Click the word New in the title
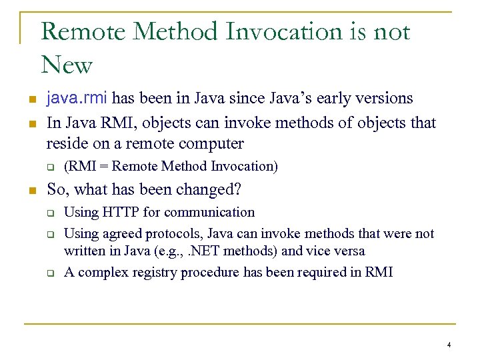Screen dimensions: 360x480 click(66, 65)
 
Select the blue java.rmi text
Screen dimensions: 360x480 click(77, 99)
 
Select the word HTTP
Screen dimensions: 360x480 click(117, 213)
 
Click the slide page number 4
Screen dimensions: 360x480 click(449, 345)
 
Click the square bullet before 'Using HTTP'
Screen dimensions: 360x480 click(49, 214)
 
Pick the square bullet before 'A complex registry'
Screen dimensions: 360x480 click(49, 273)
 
